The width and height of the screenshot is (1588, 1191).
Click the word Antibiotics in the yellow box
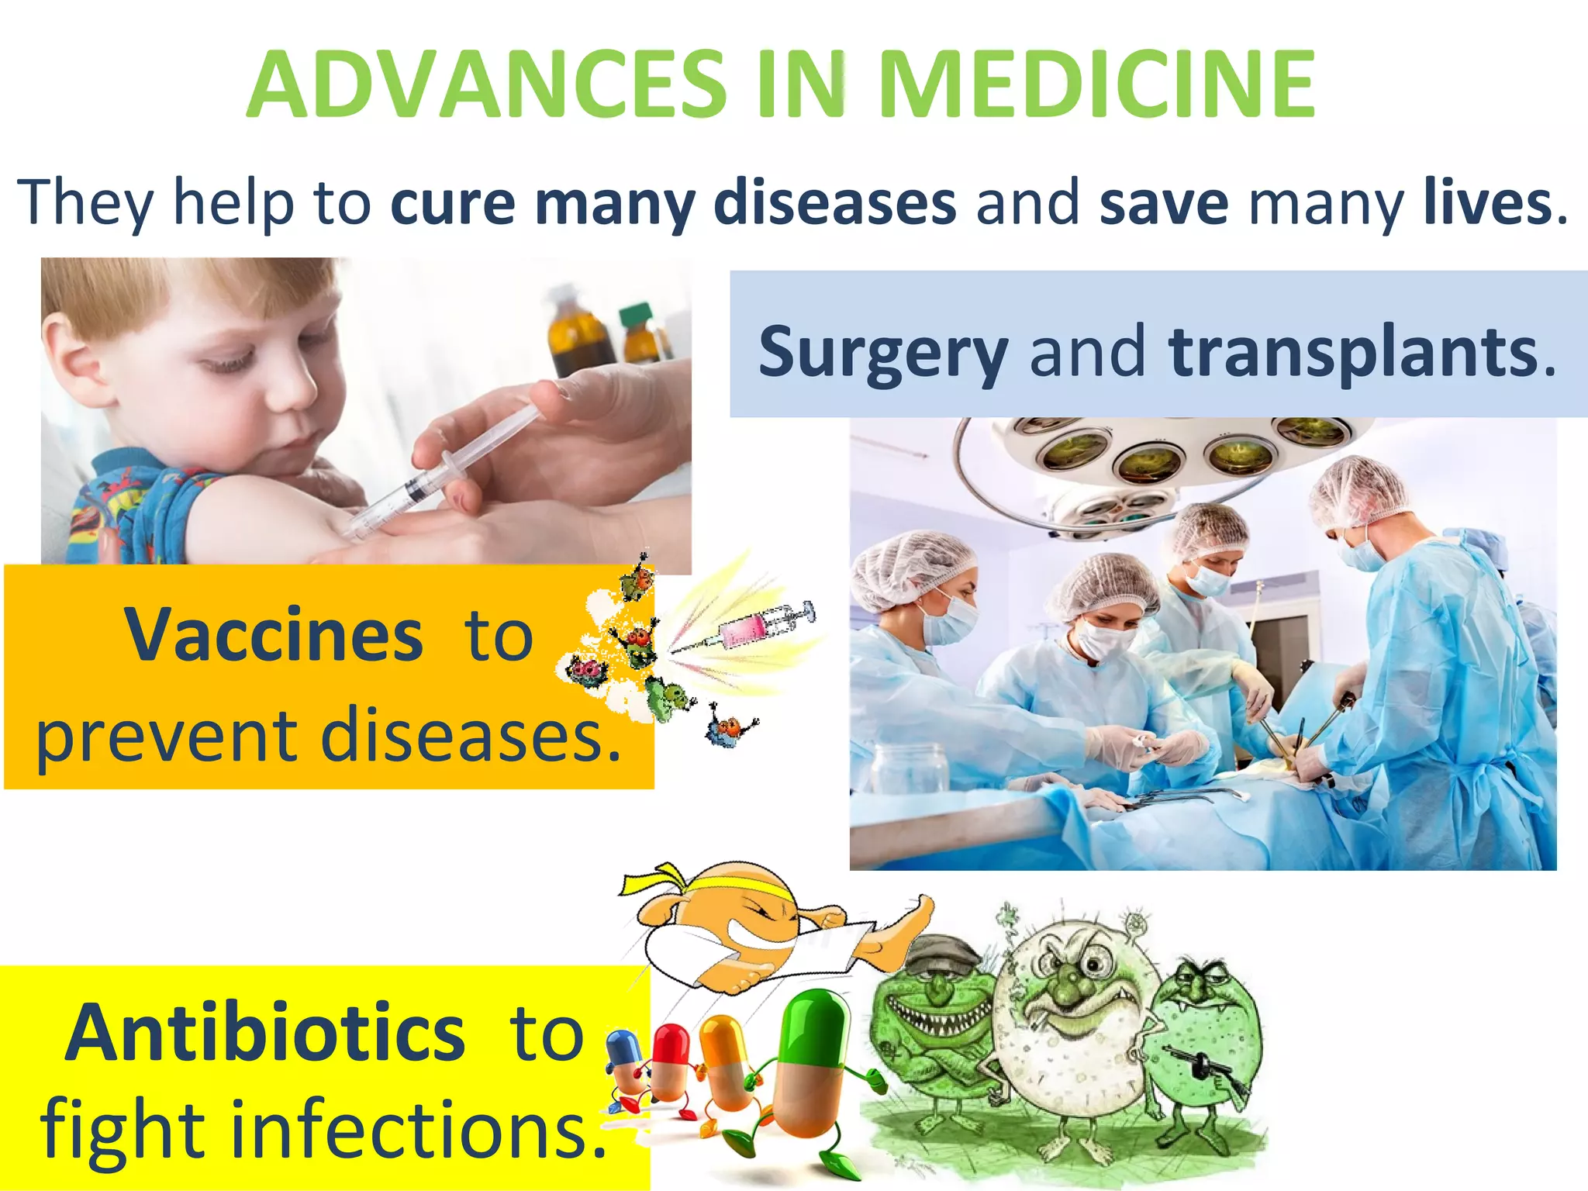point(265,1033)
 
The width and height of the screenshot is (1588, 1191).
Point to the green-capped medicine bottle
point(637,333)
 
